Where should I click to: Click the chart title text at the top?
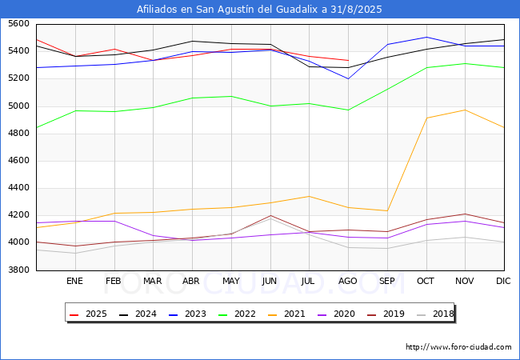(260, 10)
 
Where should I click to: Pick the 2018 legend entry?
(435, 314)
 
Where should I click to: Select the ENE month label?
(74, 282)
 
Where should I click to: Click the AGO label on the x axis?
(348, 282)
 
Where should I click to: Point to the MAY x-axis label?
(230, 282)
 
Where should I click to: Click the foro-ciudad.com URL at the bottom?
(458, 347)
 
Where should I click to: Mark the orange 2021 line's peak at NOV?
(465, 110)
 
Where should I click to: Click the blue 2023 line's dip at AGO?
(348, 78)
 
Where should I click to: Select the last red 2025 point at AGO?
(348, 60)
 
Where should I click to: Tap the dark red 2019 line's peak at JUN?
(270, 215)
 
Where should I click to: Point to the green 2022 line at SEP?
(387, 90)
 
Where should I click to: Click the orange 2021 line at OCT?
(426, 118)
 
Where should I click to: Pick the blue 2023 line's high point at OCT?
(426, 37)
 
